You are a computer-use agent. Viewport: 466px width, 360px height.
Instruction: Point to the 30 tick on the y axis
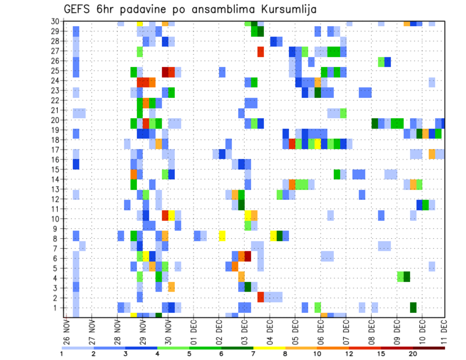(55, 21)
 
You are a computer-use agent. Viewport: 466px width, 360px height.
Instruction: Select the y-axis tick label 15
(55, 169)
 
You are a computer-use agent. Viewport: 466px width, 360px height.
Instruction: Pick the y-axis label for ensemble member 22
(55, 100)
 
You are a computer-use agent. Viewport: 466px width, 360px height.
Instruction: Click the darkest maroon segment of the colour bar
(429, 348)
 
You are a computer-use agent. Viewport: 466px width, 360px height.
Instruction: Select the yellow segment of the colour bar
(269, 348)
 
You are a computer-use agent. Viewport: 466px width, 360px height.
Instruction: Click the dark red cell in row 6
(248, 256)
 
